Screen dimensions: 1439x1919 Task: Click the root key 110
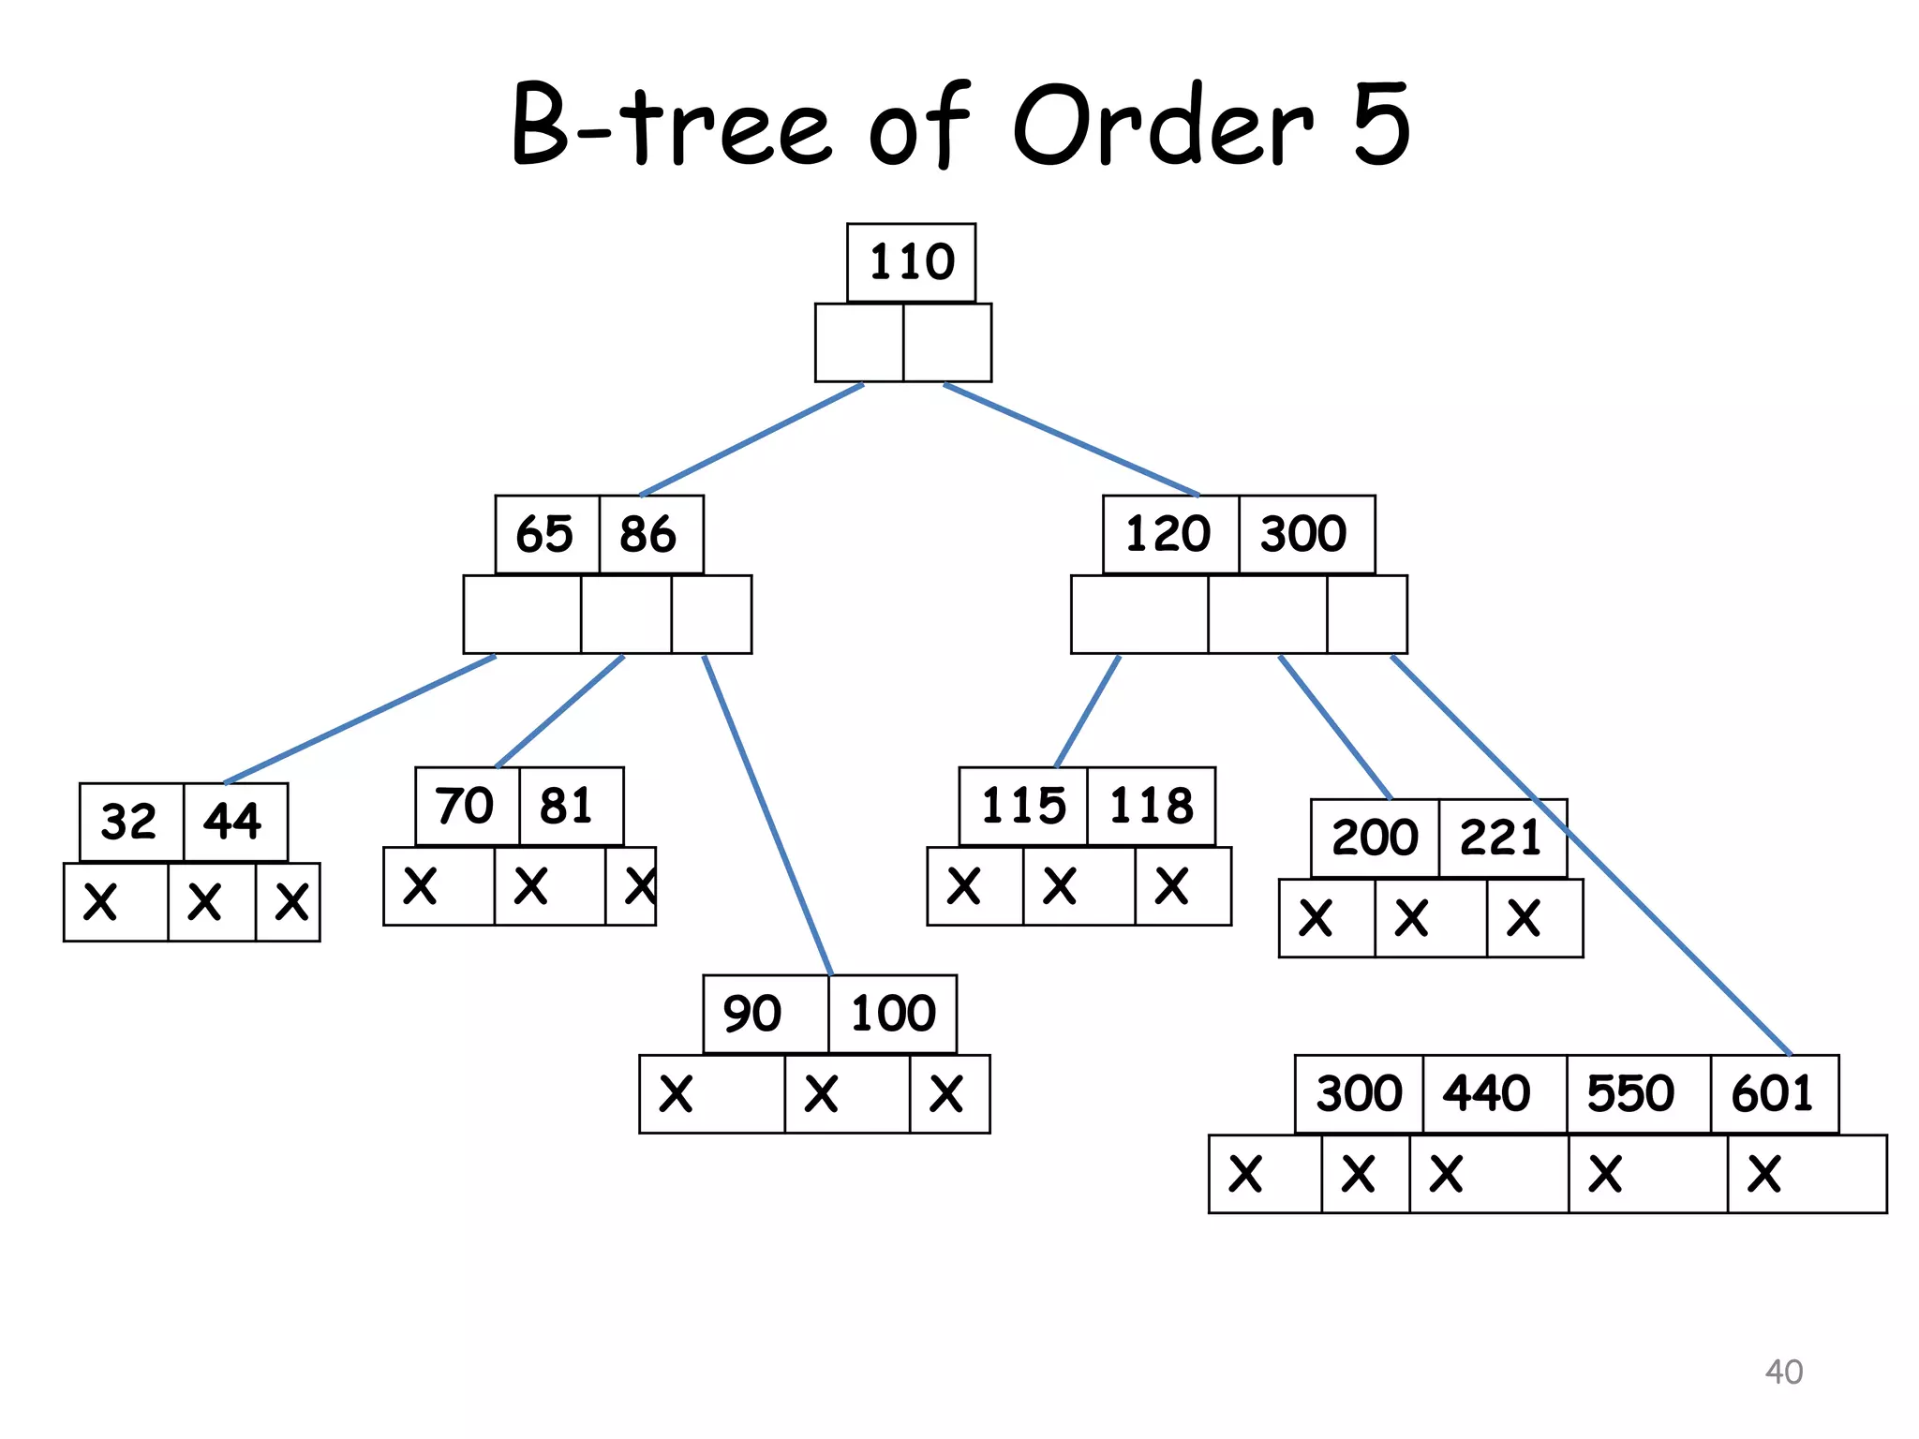coord(911,262)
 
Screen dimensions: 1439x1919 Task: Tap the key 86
coord(649,534)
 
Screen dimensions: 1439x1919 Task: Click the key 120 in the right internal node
coord(1169,534)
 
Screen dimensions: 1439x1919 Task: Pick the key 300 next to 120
coord(1305,534)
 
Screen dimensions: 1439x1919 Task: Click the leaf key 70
coord(466,806)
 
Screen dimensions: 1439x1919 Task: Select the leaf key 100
coord(893,1014)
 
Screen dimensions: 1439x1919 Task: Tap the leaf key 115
coord(1023,806)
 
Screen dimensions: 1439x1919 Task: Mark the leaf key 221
coord(1501,838)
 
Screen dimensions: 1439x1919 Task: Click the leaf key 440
coord(1488,1093)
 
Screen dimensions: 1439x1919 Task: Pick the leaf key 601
coord(1774,1093)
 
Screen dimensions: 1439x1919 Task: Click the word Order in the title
coord(1162,126)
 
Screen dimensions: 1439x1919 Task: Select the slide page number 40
coord(1783,1372)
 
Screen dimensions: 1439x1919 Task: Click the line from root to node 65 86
coord(751,438)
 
